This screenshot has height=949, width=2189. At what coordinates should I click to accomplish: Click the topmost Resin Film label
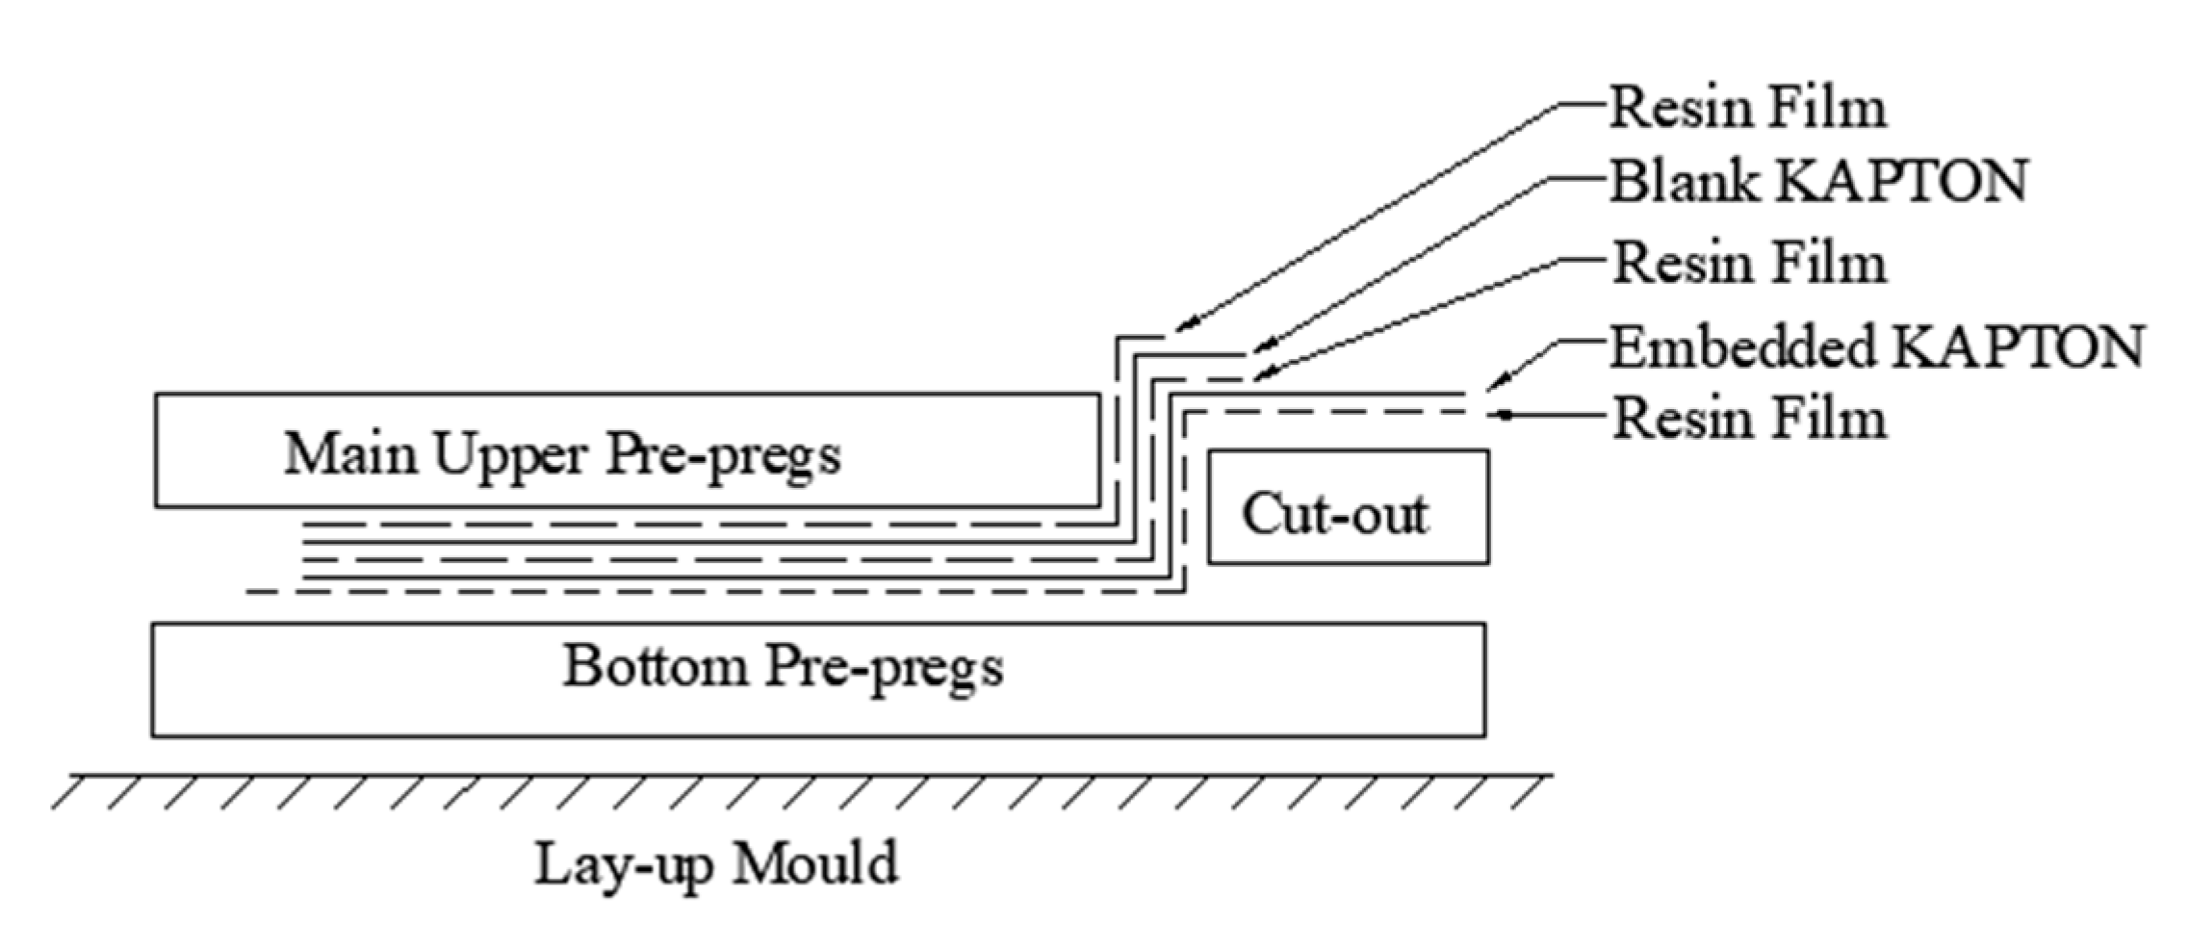(1748, 108)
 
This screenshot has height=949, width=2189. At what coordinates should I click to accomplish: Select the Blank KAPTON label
(1818, 181)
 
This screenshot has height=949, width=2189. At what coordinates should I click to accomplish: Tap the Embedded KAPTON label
(1876, 347)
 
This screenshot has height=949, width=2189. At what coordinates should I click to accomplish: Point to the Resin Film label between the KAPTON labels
(1748, 264)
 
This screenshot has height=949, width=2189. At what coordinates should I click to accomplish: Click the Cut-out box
(1348, 507)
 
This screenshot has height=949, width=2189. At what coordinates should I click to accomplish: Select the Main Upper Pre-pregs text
(562, 453)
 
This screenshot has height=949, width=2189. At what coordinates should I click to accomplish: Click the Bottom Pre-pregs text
(783, 666)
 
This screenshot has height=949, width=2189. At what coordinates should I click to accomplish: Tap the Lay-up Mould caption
(716, 863)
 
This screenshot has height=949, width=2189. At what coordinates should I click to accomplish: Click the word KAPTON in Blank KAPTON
(1901, 181)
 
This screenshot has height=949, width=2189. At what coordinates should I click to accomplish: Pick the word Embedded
(1743, 347)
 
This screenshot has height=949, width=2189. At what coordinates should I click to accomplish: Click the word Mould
(814, 862)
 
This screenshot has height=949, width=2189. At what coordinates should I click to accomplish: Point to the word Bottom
(655, 666)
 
